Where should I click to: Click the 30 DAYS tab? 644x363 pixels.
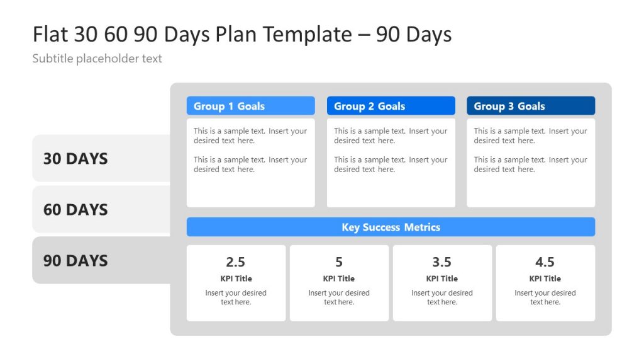75,158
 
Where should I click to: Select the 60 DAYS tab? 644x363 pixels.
75,209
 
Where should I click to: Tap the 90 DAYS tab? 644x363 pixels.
75,260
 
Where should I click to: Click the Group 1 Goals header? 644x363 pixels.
250,106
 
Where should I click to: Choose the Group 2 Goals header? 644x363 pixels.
391,106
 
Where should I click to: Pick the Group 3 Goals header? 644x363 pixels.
531,106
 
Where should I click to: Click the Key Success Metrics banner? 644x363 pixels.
391,227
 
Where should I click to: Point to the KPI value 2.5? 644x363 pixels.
236,262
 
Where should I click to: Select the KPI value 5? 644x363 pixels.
339,262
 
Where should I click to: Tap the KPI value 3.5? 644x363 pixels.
442,262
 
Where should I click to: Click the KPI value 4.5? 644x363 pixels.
545,262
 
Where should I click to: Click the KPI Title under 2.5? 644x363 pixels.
236,279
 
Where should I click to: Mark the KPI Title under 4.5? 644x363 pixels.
545,279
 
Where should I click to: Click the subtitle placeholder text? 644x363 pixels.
97,59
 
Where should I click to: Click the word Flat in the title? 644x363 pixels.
50,34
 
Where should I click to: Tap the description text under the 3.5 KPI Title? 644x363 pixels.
442,297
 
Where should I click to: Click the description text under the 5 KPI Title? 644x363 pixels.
339,297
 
